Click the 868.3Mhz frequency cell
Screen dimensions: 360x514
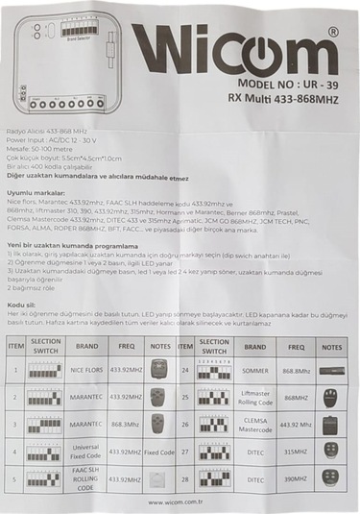click(127, 424)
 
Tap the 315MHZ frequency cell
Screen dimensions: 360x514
click(295, 450)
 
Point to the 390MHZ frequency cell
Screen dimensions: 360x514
click(295, 477)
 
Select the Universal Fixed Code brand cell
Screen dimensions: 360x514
click(87, 450)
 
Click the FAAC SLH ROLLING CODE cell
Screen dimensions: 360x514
click(87, 477)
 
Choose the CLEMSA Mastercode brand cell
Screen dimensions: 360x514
click(255, 424)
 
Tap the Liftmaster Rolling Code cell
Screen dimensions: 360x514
click(255, 397)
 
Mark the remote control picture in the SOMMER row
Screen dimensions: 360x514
click(332, 370)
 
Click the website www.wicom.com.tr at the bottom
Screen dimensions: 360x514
click(180, 502)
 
